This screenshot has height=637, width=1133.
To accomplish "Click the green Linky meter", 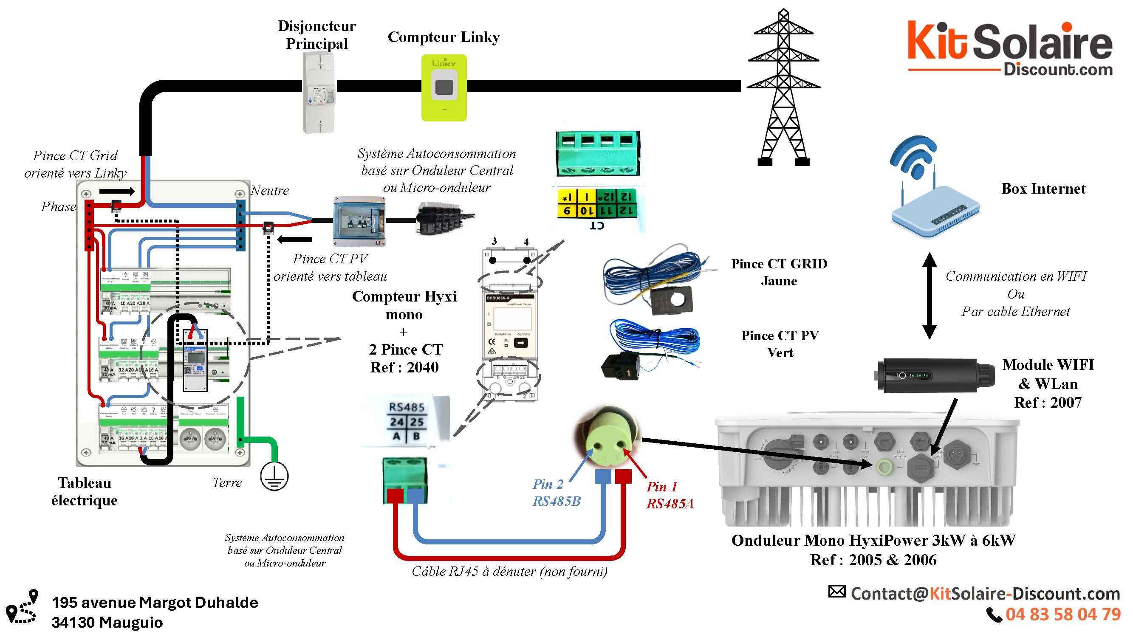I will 444,87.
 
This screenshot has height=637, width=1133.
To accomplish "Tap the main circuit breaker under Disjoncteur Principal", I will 319,92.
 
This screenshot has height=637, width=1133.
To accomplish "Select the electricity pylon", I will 783,88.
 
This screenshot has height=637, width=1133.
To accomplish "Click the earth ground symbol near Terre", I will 274,476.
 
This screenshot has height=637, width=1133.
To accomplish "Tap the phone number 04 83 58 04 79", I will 1062,614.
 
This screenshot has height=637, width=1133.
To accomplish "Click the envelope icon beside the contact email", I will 836,591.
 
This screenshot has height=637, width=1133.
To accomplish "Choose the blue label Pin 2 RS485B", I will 556,492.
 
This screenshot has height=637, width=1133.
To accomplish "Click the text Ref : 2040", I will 404,367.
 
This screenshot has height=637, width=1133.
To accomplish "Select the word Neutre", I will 270,190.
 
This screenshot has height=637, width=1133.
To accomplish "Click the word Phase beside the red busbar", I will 59,207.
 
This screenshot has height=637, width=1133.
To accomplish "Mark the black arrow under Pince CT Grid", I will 116,191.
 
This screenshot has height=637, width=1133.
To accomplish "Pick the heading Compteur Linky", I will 444,37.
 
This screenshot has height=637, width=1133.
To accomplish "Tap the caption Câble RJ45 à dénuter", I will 509,571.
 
